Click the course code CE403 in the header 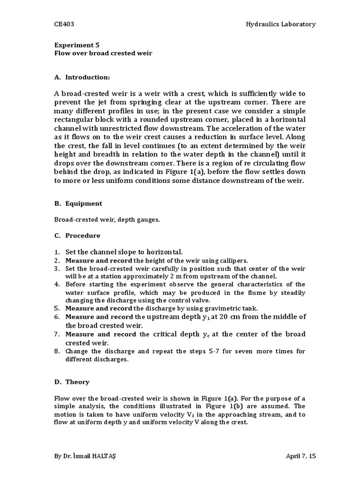63,24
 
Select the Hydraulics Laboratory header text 280,24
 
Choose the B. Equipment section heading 78,203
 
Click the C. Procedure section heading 77,235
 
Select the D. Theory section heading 73,382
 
